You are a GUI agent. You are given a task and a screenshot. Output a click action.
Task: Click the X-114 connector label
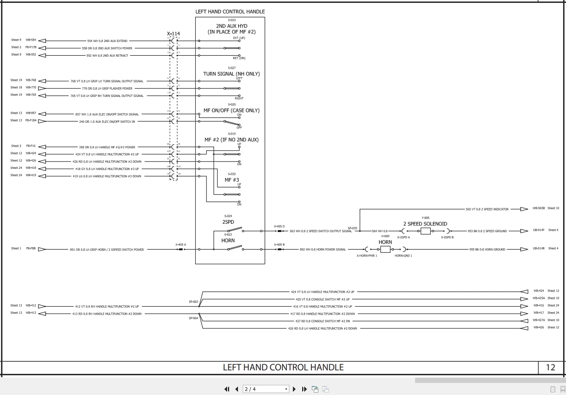(x=173, y=34)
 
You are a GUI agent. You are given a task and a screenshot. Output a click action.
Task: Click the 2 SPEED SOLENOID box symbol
(x=426, y=231)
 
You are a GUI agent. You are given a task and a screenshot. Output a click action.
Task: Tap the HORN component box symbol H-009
(x=385, y=249)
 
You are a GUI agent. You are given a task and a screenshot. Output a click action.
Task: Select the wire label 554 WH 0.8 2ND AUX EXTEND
(x=107, y=41)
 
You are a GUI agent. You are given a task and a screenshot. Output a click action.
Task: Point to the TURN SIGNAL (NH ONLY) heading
(x=231, y=74)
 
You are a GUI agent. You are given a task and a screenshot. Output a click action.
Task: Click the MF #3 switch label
(x=232, y=180)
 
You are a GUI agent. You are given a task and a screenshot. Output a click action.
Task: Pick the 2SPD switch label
(x=228, y=222)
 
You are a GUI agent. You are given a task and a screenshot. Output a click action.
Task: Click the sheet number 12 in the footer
(x=550, y=368)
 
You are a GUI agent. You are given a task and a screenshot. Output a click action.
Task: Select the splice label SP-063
(x=193, y=302)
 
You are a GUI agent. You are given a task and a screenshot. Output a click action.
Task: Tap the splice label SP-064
(x=193, y=318)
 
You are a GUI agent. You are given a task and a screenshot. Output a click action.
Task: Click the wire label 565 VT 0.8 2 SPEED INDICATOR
(x=487, y=209)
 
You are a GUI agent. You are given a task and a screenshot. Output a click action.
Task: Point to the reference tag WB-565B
(x=539, y=208)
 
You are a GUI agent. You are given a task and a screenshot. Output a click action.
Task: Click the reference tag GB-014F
(x=539, y=230)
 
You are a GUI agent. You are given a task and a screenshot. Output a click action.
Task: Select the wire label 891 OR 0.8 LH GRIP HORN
(x=107, y=250)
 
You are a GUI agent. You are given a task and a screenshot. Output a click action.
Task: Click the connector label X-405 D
(x=279, y=227)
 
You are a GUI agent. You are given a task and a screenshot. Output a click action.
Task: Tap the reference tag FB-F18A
(x=31, y=120)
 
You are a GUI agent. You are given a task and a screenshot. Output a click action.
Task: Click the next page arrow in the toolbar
(x=294, y=389)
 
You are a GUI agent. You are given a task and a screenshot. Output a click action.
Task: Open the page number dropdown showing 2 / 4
(x=266, y=389)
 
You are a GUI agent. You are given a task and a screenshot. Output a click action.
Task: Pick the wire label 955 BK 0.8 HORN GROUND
(x=487, y=250)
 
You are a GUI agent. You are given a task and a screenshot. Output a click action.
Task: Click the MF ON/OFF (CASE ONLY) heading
(x=231, y=110)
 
